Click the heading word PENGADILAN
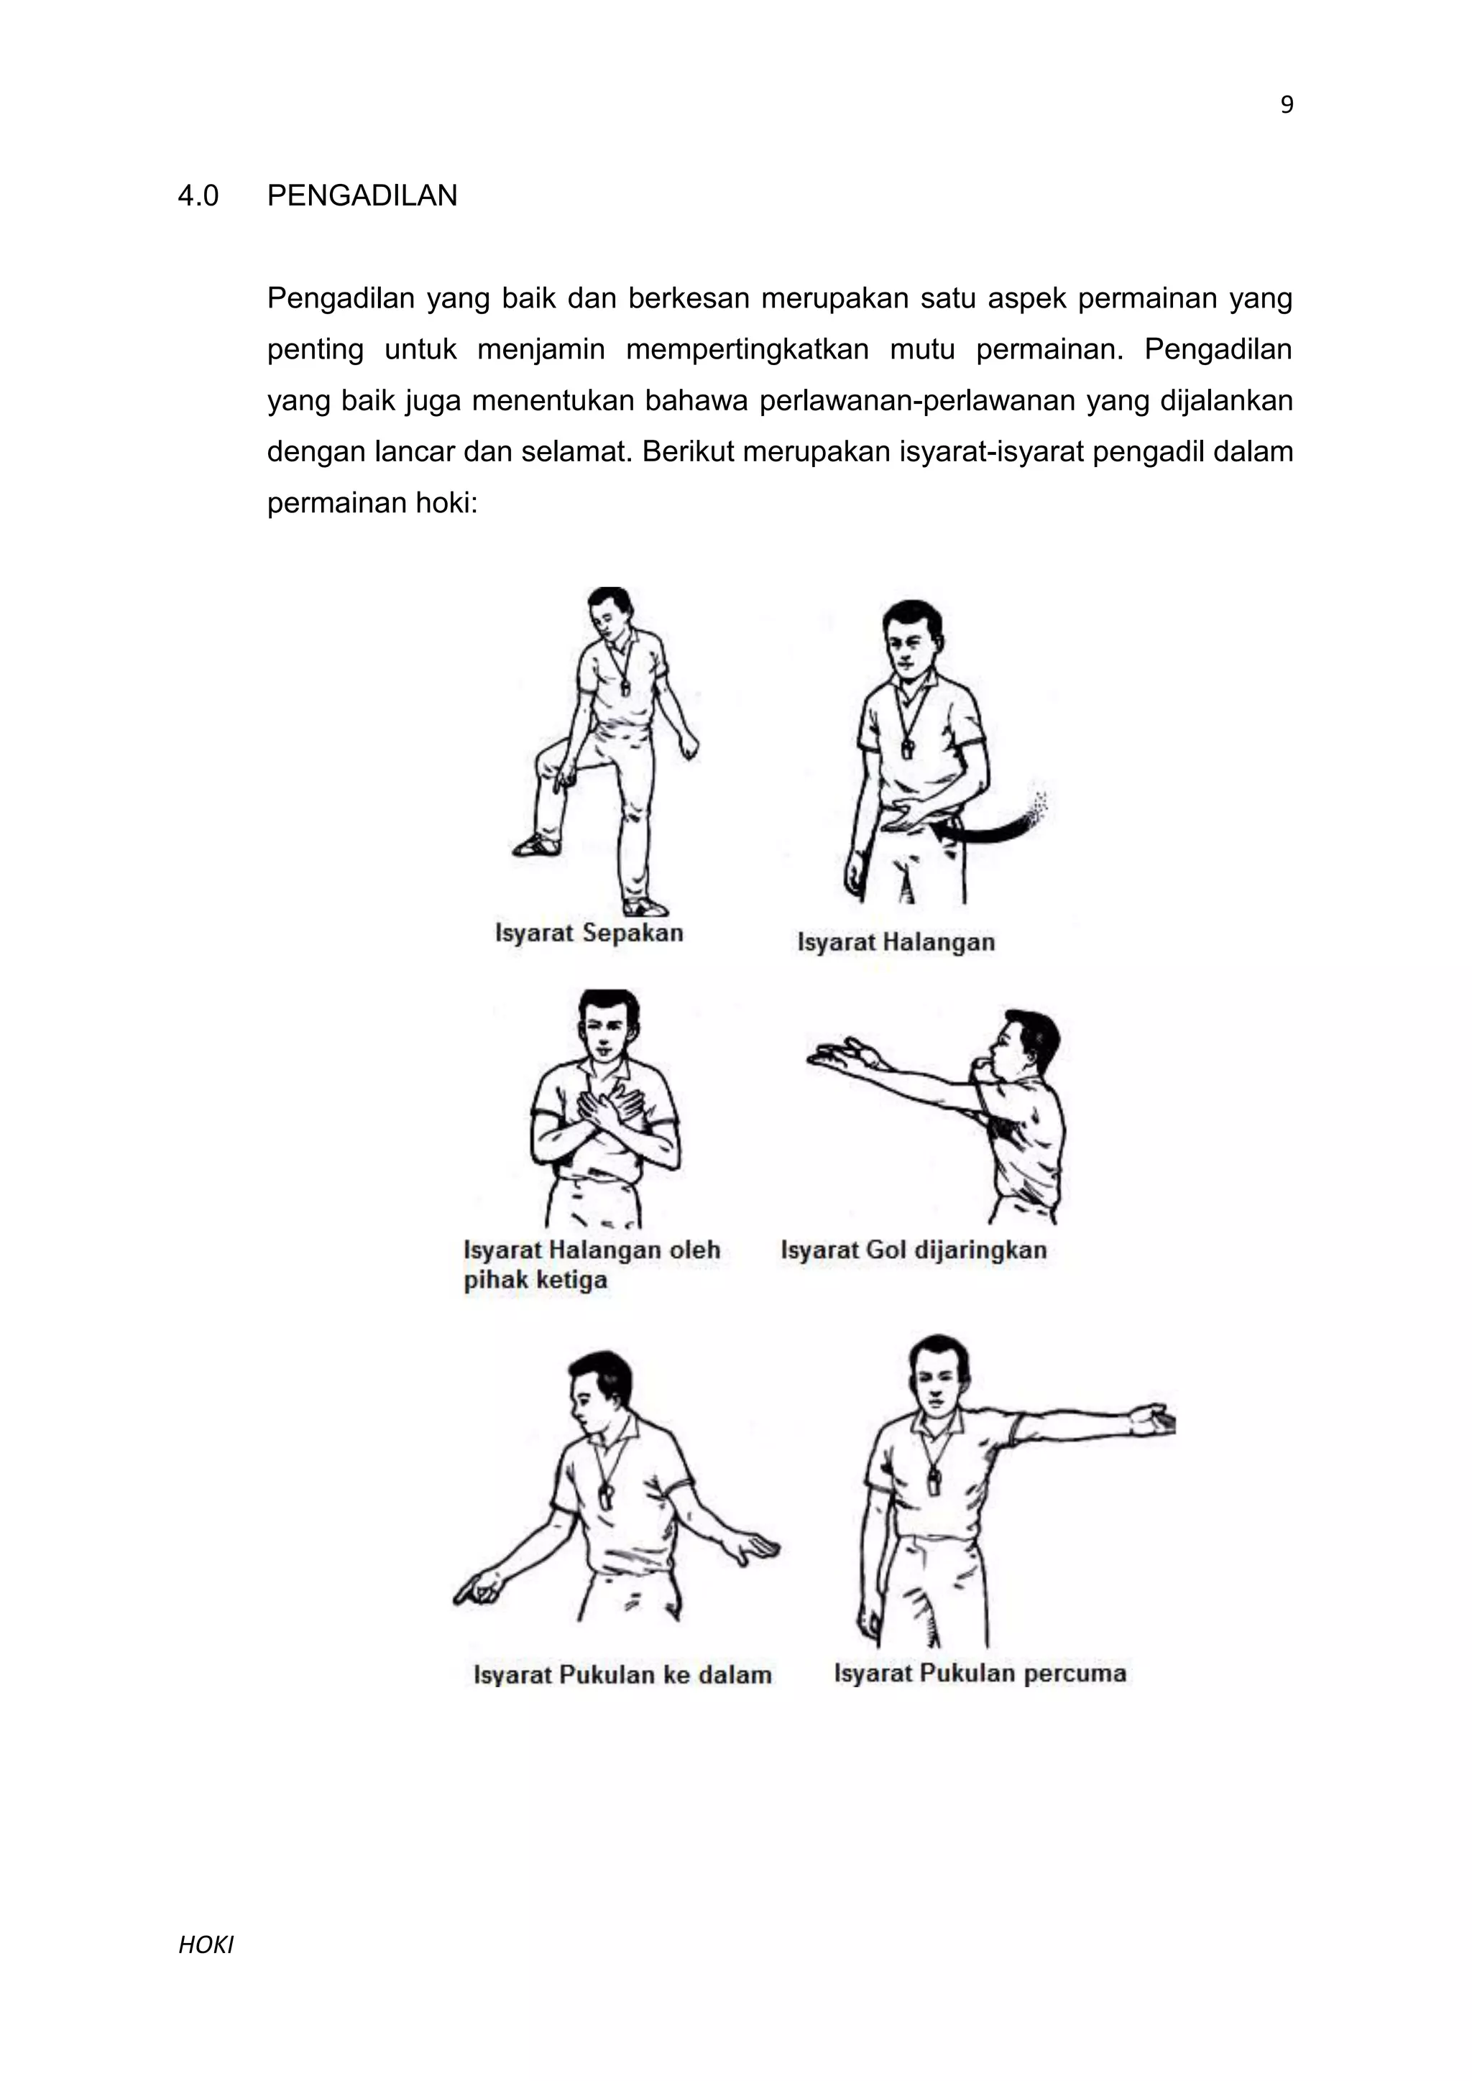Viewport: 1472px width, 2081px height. point(362,195)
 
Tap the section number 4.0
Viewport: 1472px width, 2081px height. point(198,195)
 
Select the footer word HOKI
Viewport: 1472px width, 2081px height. point(206,1945)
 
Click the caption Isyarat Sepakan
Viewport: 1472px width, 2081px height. point(589,933)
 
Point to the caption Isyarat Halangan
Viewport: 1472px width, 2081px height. point(896,943)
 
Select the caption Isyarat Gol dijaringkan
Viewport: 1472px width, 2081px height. point(913,1251)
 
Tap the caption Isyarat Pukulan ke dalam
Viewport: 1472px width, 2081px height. point(622,1675)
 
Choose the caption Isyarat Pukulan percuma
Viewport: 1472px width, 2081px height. point(979,1673)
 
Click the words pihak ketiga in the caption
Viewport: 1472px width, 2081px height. point(535,1281)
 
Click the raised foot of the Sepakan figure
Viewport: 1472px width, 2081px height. point(537,846)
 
